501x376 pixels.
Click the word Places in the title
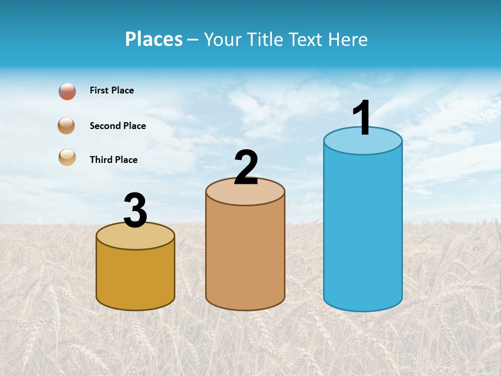(x=154, y=39)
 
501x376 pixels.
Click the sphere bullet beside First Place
(x=67, y=91)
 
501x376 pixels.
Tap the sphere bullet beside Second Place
(x=66, y=125)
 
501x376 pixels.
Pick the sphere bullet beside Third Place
(x=67, y=157)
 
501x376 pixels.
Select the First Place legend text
(x=112, y=90)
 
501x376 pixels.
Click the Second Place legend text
(x=117, y=126)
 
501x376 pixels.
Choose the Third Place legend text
(x=113, y=160)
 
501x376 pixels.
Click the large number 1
(x=362, y=118)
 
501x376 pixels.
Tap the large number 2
(x=246, y=168)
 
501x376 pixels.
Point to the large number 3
(x=135, y=211)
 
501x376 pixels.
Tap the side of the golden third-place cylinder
(x=135, y=277)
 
